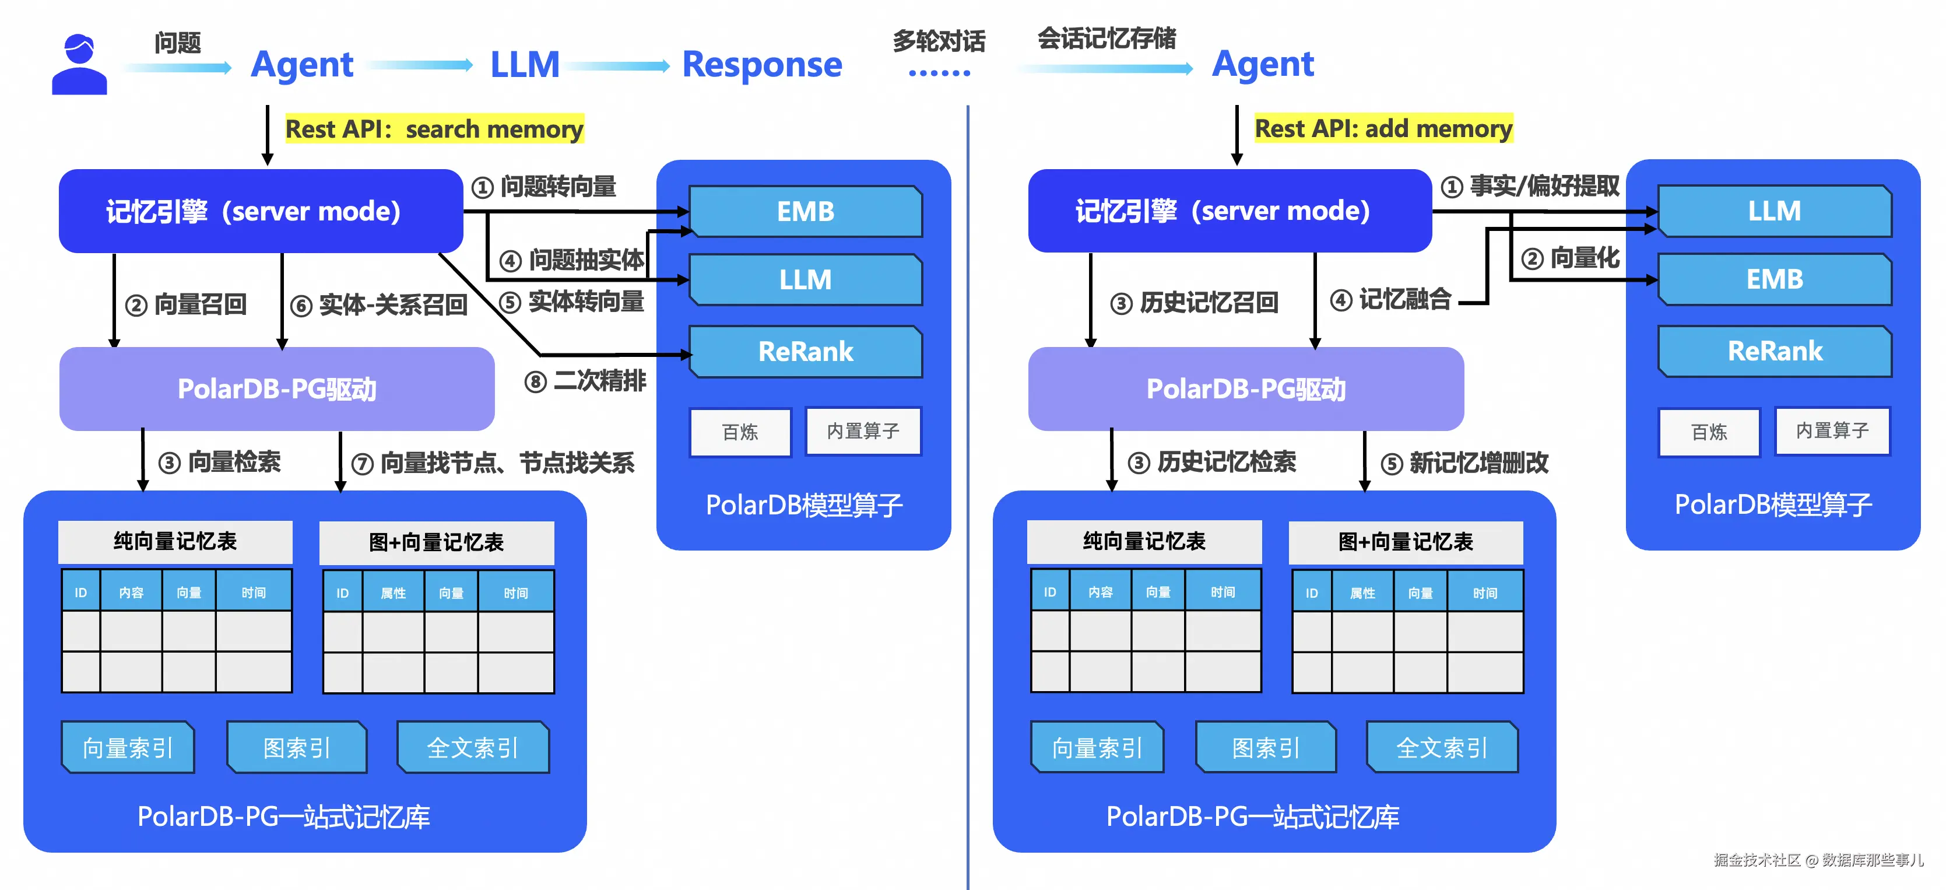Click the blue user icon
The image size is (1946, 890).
tap(79, 65)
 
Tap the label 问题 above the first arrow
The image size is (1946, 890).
tap(178, 43)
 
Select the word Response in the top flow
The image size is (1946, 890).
tap(761, 65)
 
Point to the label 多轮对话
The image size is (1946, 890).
tap(939, 41)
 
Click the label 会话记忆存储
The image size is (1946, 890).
tap(1106, 38)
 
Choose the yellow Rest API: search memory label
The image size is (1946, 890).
tap(434, 129)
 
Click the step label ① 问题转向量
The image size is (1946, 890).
tap(544, 187)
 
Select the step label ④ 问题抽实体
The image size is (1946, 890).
tap(572, 261)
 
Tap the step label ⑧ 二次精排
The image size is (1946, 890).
tap(585, 381)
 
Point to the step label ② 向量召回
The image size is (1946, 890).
tap(186, 305)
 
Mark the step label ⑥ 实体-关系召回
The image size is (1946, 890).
tap(379, 305)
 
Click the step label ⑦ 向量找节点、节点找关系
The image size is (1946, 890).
tap(493, 463)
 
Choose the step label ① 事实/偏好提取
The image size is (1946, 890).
tap(1530, 187)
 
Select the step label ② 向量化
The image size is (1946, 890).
tap(1571, 258)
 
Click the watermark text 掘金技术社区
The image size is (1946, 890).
tap(1757, 860)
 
